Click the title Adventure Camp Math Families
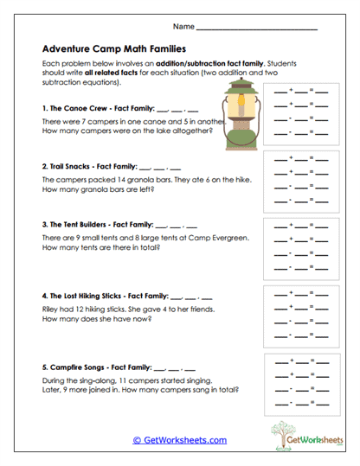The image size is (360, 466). point(113,50)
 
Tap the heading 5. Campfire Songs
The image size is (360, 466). point(78,367)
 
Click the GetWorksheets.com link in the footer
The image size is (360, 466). point(179,440)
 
